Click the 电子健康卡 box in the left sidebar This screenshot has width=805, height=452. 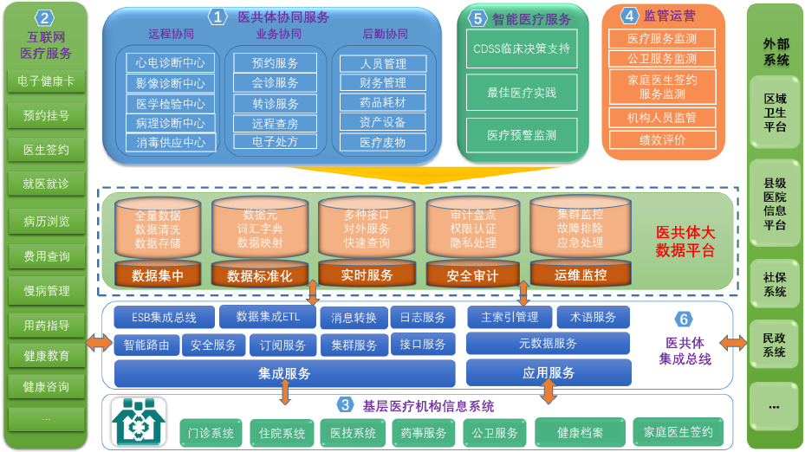(46, 81)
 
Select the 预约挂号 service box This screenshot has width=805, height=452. (46, 115)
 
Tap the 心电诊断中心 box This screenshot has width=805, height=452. (171, 62)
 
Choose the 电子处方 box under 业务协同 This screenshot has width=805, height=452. (276, 141)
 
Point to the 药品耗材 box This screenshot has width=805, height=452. (383, 102)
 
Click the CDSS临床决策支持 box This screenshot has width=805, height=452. (522, 48)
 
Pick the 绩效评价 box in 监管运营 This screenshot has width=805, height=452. (662, 139)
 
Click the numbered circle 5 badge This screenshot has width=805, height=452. (477, 17)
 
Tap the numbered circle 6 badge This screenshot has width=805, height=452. (684, 319)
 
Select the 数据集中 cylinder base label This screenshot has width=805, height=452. (157, 275)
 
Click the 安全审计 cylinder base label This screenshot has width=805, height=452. (472, 275)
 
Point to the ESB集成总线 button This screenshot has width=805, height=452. (164, 318)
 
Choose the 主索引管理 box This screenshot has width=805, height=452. (510, 317)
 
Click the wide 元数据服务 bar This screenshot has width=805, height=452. (548, 344)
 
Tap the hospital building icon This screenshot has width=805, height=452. (139, 422)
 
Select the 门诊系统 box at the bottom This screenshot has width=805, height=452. (211, 433)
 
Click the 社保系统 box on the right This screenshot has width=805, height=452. (774, 285)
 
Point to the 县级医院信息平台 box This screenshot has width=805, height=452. (774, 203)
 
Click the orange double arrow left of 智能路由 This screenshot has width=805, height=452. (99, 343)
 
